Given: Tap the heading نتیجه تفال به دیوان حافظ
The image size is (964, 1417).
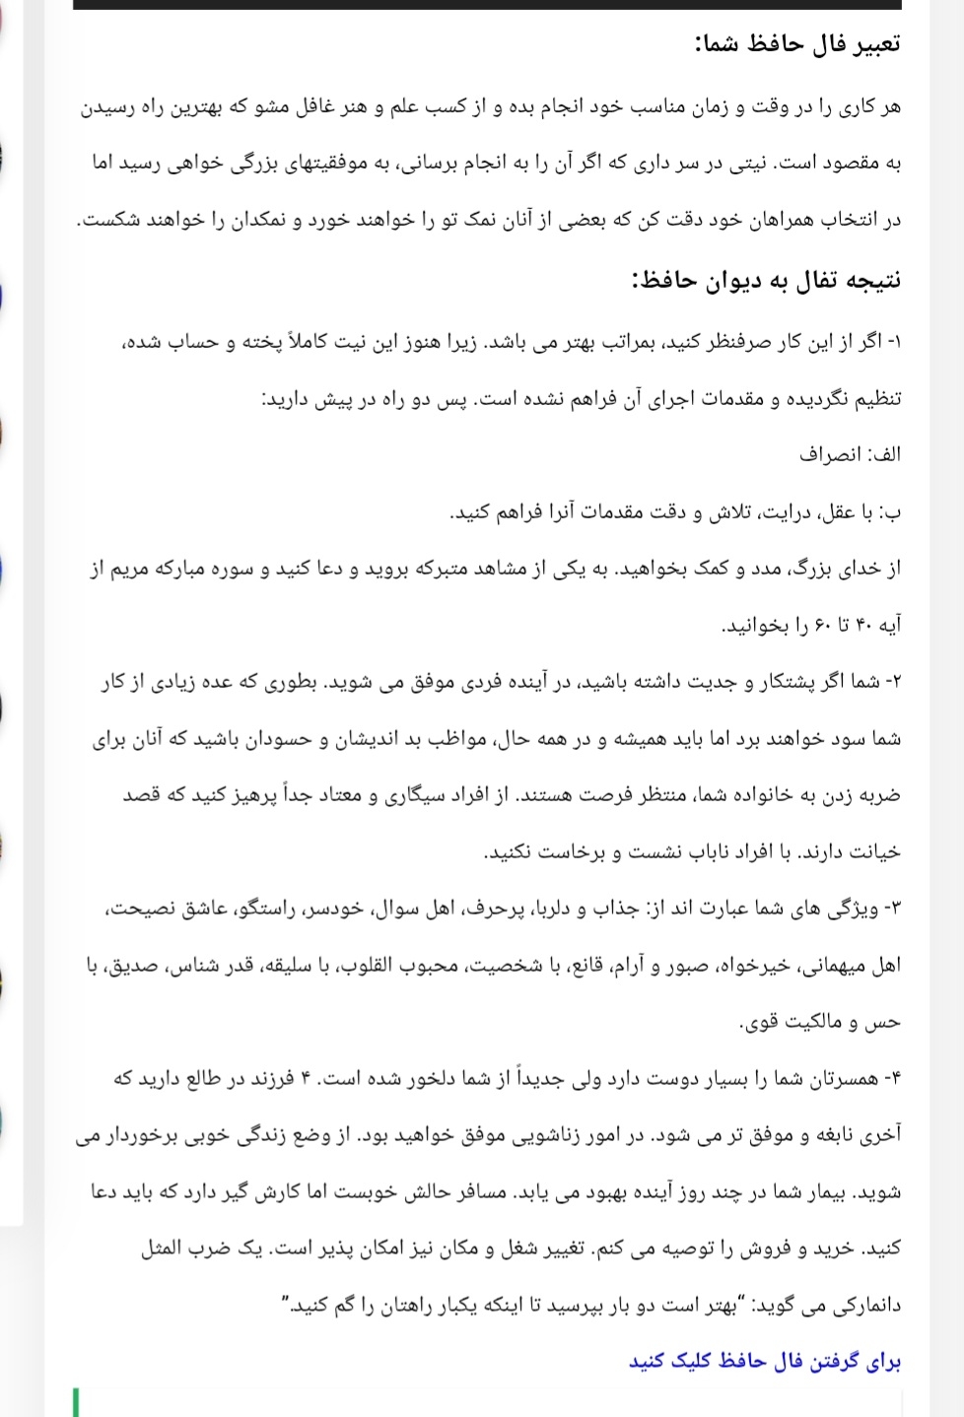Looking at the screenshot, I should tap(767, 281).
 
